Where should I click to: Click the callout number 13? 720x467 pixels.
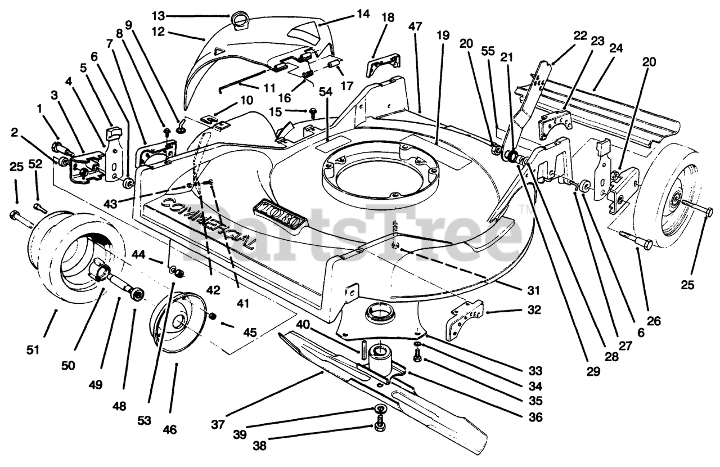point(158,15)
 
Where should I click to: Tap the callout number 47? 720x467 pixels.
point(415,26)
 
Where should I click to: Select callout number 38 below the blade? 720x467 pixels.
point(260,445)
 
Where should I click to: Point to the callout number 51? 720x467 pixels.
point(33,349)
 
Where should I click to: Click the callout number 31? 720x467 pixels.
point(533,290)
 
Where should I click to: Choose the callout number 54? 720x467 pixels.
point(326,92)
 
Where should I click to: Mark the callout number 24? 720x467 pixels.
point(616,48)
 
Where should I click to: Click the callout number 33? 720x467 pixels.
point(535,371)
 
